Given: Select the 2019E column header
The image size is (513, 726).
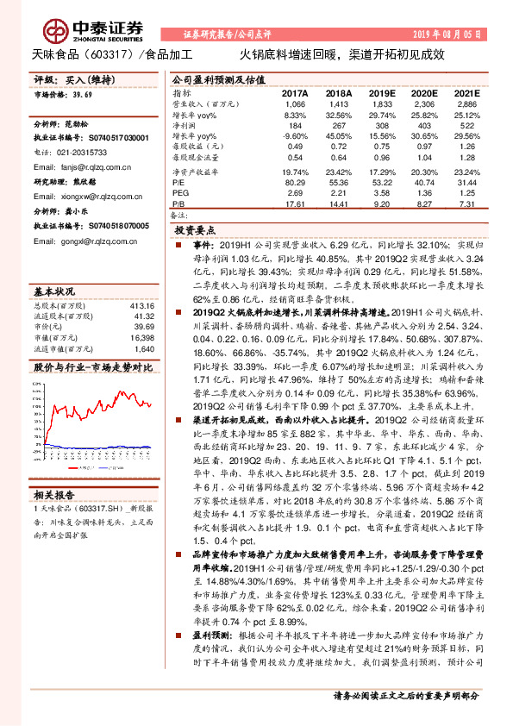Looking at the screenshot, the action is tap(381, 92).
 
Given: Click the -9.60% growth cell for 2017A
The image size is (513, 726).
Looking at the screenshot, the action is tap(295, 137).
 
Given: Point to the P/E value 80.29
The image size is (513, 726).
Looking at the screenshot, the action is tap(295, 183).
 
